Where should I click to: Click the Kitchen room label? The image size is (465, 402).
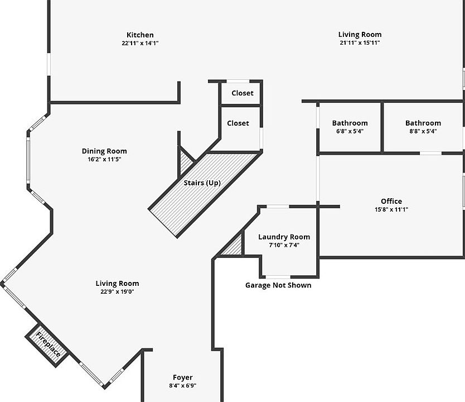point(140,35)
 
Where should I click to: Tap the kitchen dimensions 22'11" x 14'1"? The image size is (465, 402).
point(140,43)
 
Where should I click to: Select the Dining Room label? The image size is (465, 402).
point(104,151)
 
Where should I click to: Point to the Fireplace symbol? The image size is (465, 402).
point(49,344)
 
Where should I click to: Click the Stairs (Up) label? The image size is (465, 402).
point(202,183)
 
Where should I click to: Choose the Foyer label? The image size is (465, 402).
point(182,377)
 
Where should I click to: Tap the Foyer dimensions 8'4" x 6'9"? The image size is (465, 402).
point(182,385)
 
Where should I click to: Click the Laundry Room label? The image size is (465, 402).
point(284,237)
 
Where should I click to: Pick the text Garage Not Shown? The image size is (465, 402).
point(278,285)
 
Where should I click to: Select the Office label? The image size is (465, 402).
point(391,201)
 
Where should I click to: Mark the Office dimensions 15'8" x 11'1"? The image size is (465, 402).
point(391,209)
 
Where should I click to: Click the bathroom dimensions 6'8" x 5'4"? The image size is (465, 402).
point(350,132)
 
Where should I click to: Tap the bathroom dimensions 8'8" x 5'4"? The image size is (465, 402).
point(423,132)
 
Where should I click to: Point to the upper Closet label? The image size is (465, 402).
point(242,93)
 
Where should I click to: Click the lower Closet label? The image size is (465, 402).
point(238,123)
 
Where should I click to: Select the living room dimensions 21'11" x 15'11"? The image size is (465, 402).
point(360,43)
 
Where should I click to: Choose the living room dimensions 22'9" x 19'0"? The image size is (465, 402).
point(117,291)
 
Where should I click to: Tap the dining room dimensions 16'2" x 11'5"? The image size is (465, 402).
point(104,159)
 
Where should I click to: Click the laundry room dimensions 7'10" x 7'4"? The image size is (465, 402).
point(284,245)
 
